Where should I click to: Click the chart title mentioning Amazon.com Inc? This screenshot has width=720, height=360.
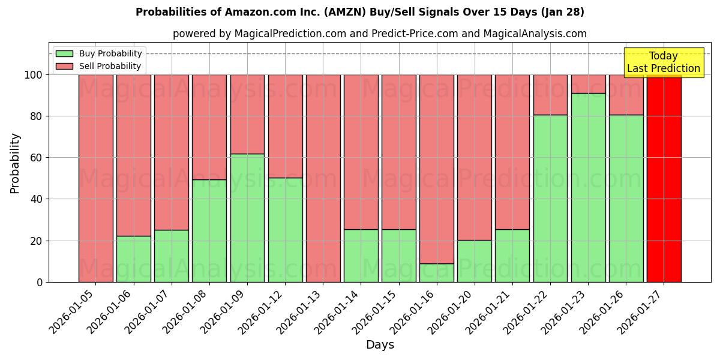[359, 12]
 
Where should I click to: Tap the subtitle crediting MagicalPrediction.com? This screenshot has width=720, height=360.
[379, 34]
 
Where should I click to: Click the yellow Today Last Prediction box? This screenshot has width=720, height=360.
[663, 62]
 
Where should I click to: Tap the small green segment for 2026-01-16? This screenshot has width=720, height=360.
[437, 273]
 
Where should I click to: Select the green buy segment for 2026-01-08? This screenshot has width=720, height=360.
[209, 231]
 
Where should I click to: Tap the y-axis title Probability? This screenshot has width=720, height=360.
[15, 163]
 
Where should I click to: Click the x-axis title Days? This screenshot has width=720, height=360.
[380, 345]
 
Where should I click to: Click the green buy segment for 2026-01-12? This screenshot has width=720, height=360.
[285, 230]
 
